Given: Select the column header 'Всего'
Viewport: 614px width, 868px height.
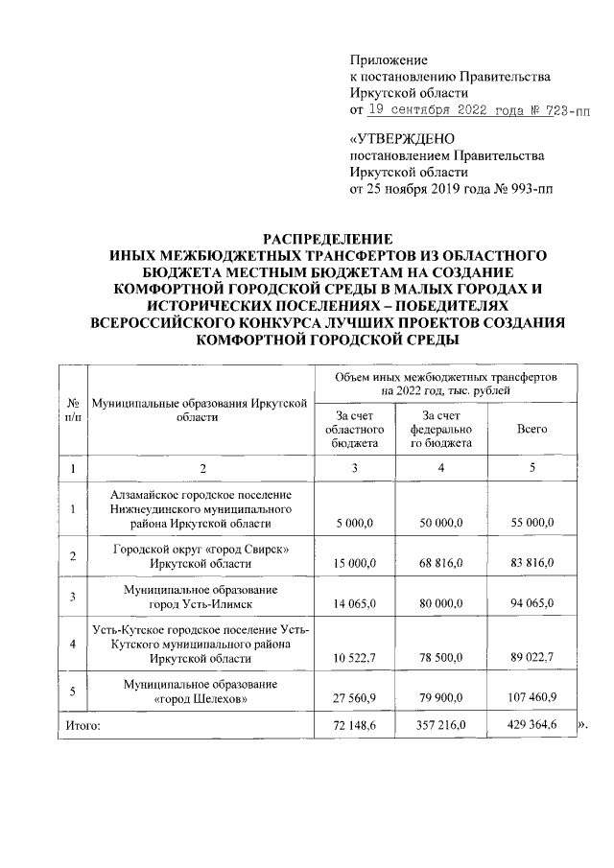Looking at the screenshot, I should (x=531, y=429).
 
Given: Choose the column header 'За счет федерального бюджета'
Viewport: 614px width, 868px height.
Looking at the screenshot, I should (x=442, y=429).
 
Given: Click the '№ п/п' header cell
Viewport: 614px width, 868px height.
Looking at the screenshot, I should (x=72, y=410).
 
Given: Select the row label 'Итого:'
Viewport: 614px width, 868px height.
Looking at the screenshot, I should (x=83, y=726).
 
